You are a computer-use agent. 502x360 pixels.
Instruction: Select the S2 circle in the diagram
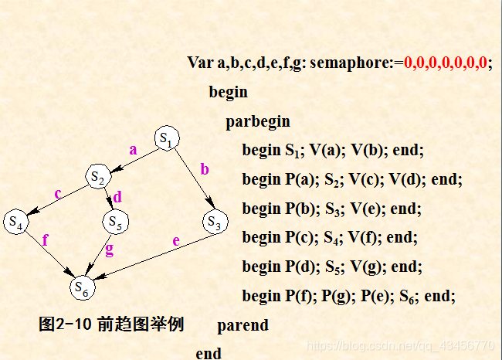(97, 177)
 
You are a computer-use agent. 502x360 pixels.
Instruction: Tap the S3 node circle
(215, 222)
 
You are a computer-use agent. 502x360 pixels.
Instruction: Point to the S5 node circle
(115, 222)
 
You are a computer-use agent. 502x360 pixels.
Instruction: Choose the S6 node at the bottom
(82, 287)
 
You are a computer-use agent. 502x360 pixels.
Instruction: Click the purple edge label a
(133, 150)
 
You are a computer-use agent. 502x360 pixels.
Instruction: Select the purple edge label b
(205, 168)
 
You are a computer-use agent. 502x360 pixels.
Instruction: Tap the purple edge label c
(57, 192)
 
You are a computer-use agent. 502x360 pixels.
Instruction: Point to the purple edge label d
(117, 197)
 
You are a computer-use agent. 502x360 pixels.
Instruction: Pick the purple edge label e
(176, 241)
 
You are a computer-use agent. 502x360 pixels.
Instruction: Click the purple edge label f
(46, 239)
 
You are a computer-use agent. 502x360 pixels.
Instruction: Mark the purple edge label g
(109, 249)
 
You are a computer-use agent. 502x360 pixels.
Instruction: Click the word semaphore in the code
(351, 63)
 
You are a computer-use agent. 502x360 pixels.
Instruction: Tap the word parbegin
(258, 121)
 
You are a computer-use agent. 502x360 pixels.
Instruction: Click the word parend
(243, 325)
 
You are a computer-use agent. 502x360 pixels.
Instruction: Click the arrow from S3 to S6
(154, 256)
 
